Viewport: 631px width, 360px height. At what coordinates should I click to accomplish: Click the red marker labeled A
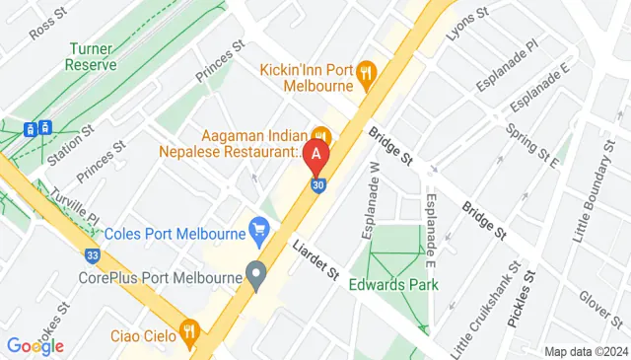point(315,155)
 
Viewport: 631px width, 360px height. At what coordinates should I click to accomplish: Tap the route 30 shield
point(316,184)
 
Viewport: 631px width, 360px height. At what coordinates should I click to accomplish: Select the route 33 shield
point(92,255)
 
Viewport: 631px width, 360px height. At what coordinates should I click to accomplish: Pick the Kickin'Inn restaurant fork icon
point(367,71)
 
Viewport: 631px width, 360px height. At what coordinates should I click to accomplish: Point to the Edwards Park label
point(394,286)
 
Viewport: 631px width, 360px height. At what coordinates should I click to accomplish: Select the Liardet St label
point(315,259)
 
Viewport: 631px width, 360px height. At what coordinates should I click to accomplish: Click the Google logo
point(35,346)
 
